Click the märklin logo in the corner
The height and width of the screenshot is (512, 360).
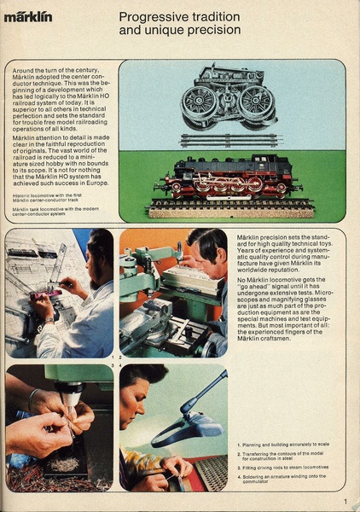28,16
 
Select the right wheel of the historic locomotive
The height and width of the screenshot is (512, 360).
255,103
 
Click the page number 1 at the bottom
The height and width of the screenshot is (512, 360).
345,502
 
